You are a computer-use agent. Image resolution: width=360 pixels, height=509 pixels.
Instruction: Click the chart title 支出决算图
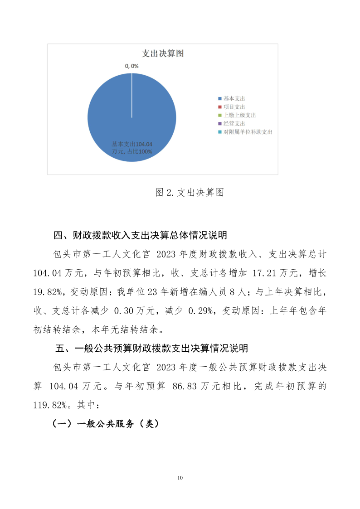coord(162,53)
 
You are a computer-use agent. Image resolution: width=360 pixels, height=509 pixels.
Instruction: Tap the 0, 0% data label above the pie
coord(131,66)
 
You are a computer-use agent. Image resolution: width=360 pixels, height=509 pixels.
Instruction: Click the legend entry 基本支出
coord(234,98)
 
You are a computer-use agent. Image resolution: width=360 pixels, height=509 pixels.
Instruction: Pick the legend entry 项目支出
coord(234,107)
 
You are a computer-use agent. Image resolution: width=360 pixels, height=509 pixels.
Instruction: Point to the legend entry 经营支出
coord(234,123)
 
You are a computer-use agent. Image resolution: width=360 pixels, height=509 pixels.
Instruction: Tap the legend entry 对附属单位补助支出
coord(248,132)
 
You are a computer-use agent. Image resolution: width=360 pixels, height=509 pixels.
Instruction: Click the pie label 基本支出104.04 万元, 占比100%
coord(132,148)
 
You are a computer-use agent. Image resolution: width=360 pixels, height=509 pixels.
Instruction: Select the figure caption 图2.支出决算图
coord(190,192)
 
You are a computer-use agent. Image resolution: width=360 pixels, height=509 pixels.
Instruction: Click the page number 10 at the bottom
coord(180,478)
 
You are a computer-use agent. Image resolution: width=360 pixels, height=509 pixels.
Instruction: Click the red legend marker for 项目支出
coord(220,107)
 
